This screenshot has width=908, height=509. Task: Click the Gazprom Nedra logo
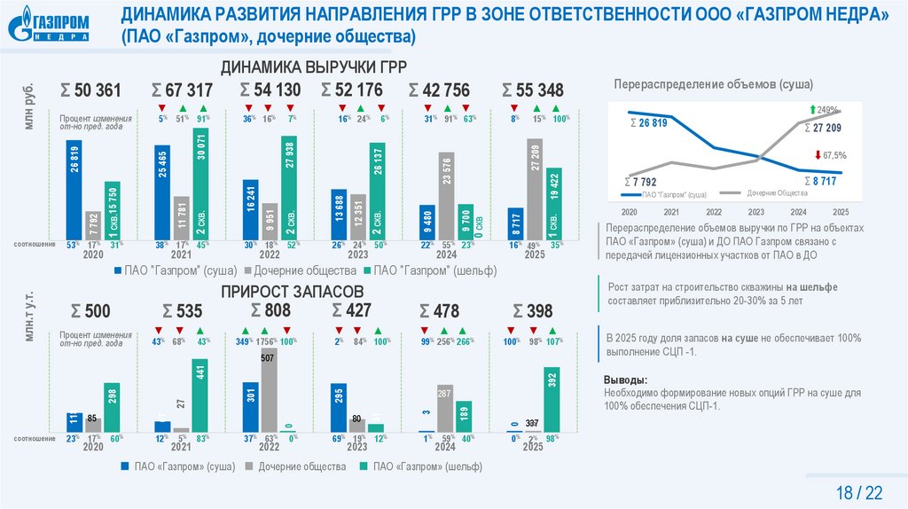coord(50,25)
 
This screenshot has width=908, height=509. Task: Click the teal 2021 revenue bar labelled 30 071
coord(201,182)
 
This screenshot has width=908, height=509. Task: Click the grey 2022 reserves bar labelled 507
coord(269,390)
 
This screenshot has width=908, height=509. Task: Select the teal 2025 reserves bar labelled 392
coord(552,399)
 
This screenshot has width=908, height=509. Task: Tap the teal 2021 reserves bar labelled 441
coord(200,395)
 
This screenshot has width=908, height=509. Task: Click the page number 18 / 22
coord(860,492)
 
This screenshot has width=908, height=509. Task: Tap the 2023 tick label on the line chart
coord(755,213)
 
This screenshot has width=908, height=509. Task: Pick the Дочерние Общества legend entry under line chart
coord(776,192)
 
